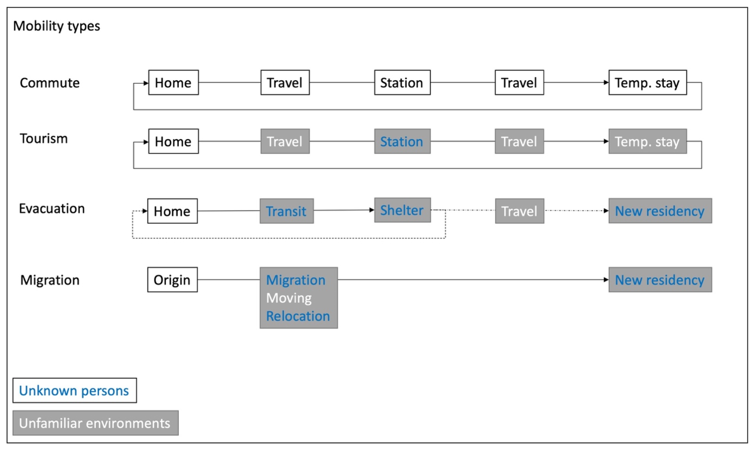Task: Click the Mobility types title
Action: tap(57, 26)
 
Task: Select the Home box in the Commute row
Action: tap(173, 83)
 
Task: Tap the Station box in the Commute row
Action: tap(402, 83)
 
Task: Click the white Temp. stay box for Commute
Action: tap(647, 83)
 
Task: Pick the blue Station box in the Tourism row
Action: tap(402, 141)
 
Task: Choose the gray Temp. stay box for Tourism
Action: tap(647, 141)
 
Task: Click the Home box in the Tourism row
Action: tap(173, 141)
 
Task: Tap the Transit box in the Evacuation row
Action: tap(286, 211)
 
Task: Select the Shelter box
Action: tap(402, 210)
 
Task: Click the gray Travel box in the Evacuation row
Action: tap(519, 211)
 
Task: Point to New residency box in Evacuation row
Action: tap(660, 211)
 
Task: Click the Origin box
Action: tap(172, 279)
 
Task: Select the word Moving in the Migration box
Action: tap(289, 298)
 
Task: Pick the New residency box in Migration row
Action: tap(660, 279)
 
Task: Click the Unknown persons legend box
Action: tap(74, 390)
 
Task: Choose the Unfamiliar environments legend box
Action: tap(95, 423)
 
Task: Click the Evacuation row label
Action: tap(52, 209)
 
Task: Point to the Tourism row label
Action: tap(44, 139)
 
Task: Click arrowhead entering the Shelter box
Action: tap(372, 210)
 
